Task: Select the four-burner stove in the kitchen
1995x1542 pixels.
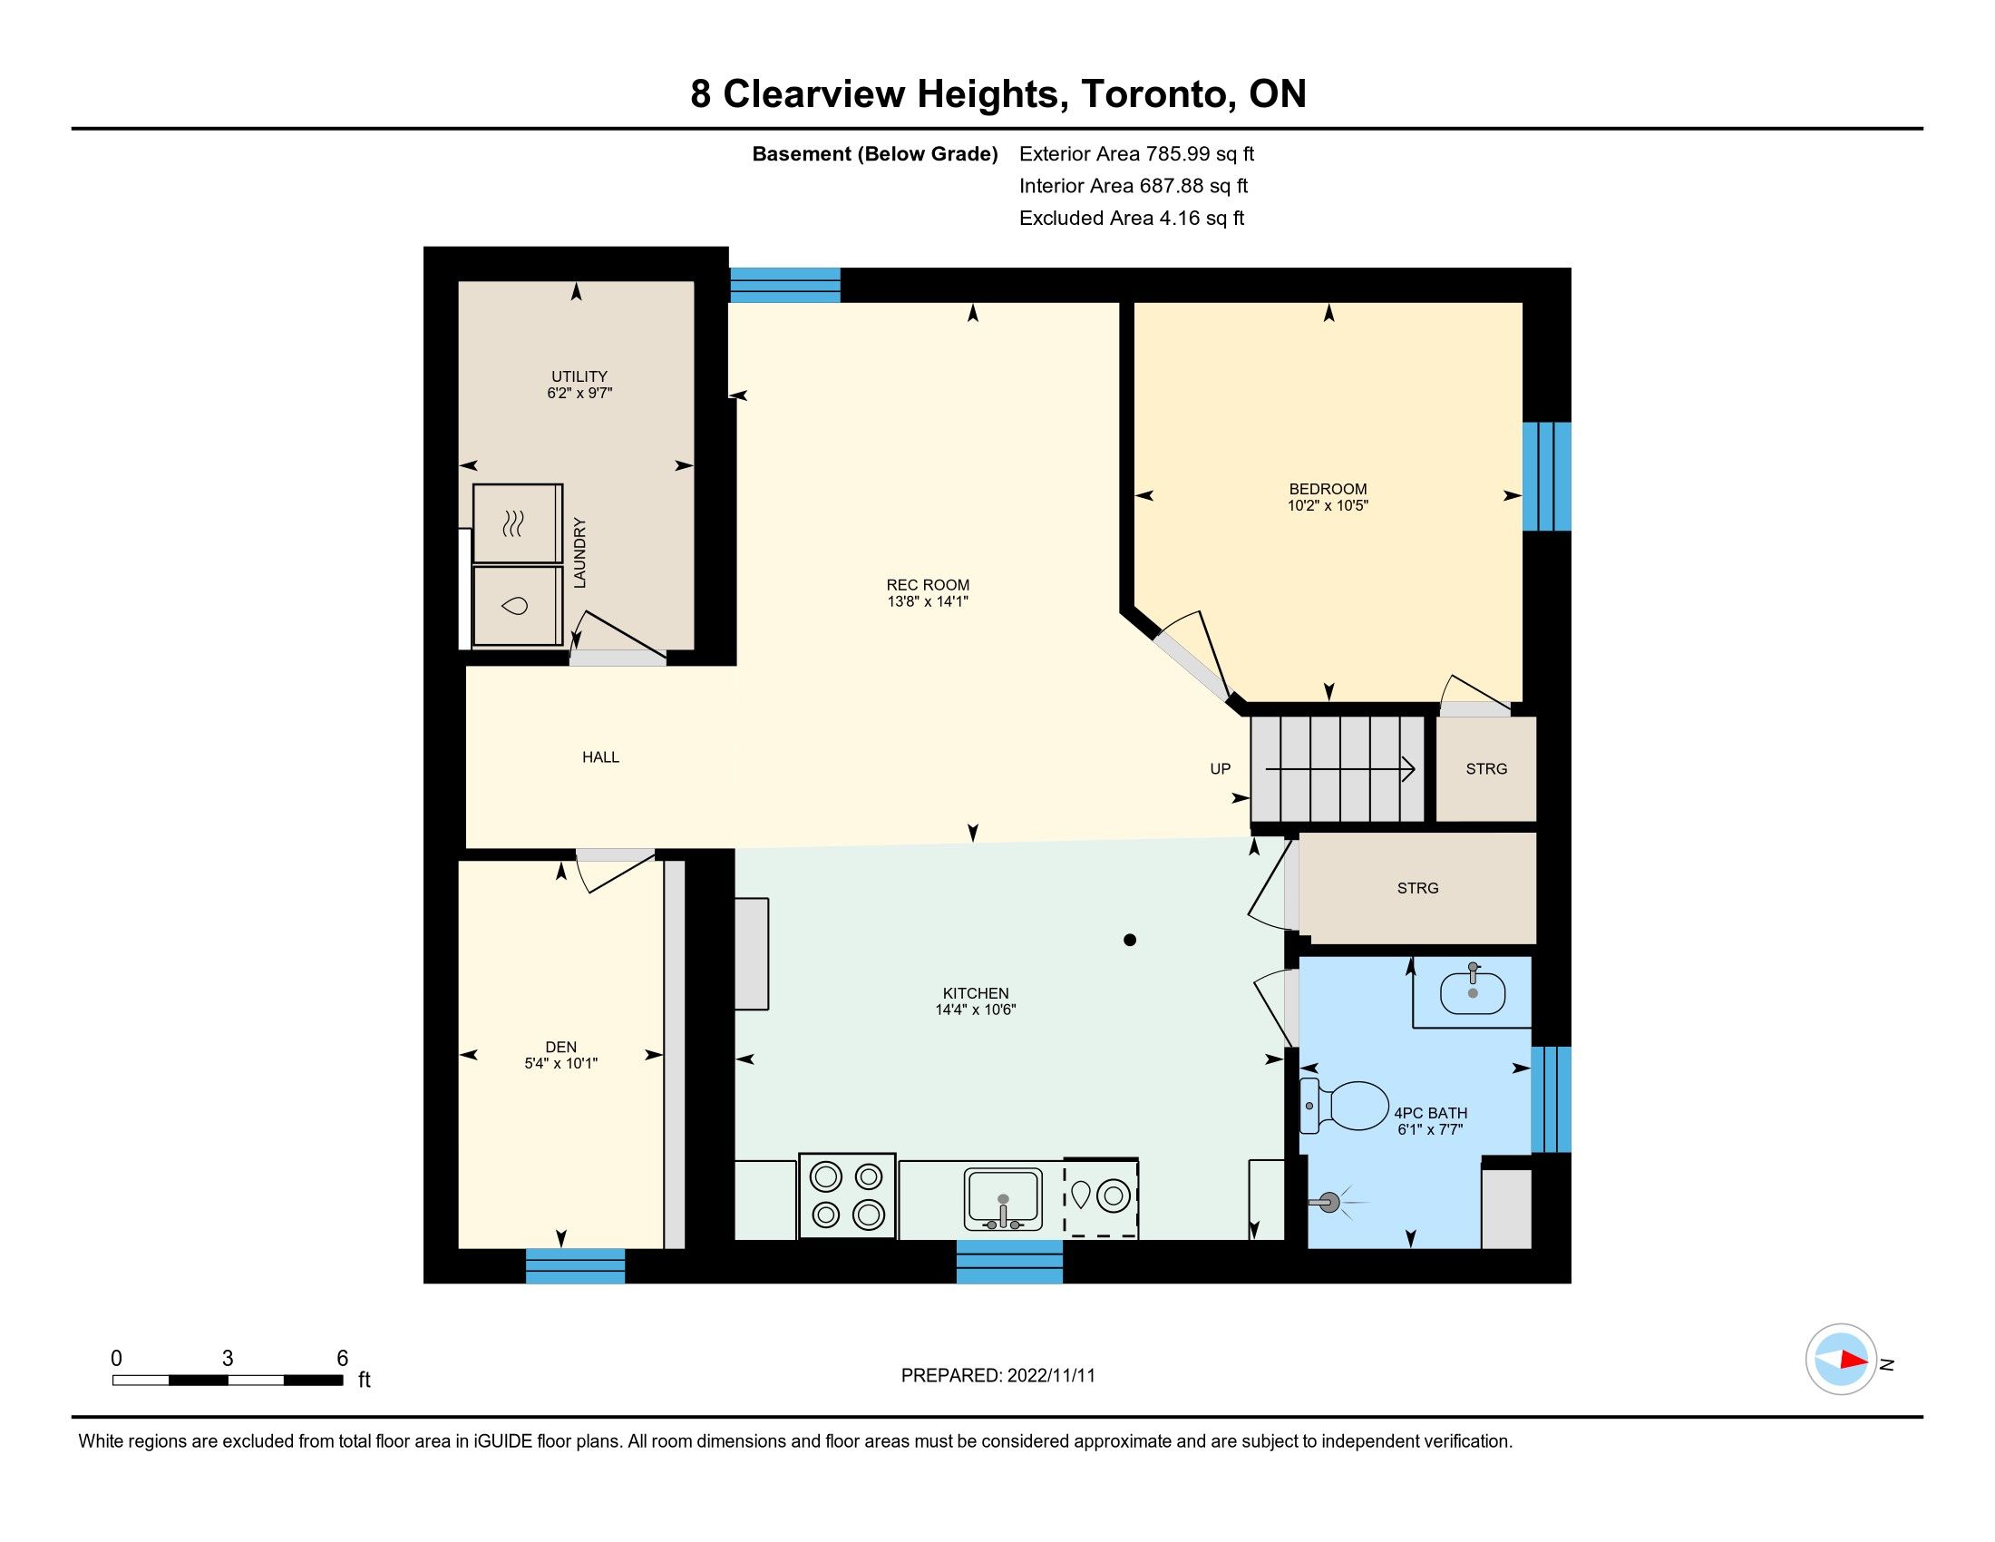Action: click(x=847, y=1196)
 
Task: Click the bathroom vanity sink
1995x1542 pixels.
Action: click(x=1473, y=993)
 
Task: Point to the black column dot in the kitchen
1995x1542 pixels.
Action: click(x=1130, y=940)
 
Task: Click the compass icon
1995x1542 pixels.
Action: click(x=1842, y=1360)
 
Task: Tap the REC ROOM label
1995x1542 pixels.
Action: click(x=927, y=585)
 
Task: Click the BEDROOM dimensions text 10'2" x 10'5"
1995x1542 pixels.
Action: click(x=1328, y=505)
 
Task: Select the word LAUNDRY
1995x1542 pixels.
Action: click(x=579, y=552)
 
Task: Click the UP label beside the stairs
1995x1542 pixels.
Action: click(x=1221, y=769)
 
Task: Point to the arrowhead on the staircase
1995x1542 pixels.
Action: click(x=1408, y=769)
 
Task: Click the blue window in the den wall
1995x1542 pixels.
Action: click(x=576, y=1265)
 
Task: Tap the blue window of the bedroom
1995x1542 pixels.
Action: click(x=1546, y=476)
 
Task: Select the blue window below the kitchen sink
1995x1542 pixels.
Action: click(x=1009, y=1262)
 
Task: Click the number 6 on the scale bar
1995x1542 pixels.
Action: click(x=343, y=1359)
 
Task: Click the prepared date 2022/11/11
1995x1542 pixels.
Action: click(x=1050, y=1376)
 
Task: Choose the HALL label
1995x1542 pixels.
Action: click(x=600, y=757)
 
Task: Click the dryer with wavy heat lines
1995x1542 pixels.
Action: click(x=517, y=523)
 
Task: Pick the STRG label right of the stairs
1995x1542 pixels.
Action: click(x=1486, y=769)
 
